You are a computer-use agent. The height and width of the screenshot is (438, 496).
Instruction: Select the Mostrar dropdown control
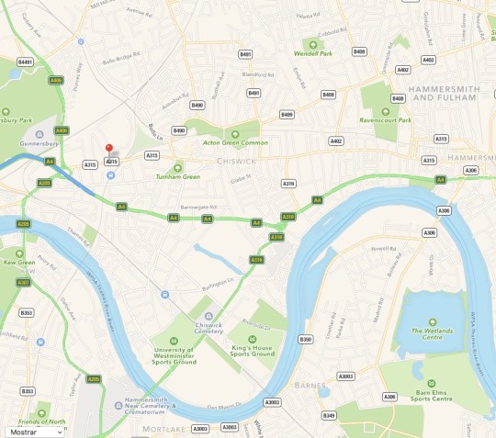(33, 430)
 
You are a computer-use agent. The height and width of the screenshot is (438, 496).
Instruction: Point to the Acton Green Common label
(241, 142)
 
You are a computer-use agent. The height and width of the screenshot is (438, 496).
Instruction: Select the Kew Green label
(19, 263)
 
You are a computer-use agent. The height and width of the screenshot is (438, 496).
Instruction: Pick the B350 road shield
(306, 340)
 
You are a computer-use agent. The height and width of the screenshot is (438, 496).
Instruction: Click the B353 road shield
(27, 313)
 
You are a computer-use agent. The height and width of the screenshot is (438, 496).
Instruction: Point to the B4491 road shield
(25, 62)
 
